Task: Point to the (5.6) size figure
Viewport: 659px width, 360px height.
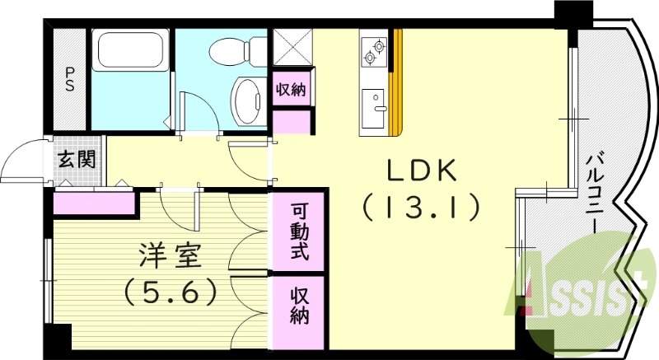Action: pos(171,290)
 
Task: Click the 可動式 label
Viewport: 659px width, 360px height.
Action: pos(299,231)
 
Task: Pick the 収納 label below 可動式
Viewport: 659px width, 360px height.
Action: pos(299,304)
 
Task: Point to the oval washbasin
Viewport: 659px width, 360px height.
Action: pos(247,101)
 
